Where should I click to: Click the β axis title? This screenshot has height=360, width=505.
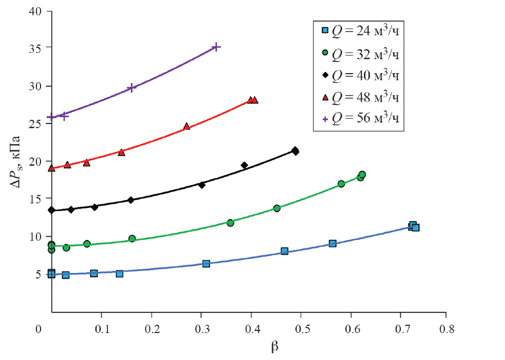[x=275, y=347]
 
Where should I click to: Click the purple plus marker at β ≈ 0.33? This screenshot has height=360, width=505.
[x=216, y=47]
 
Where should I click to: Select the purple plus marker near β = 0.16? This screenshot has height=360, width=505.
[x=131, y=88]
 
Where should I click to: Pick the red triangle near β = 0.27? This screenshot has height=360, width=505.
[x=186, y=127]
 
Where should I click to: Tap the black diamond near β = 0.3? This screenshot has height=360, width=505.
[x=202, y=185]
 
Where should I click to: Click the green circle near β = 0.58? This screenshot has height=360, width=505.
[x=341, y=184]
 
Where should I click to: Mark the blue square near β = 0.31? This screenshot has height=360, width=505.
[x=206, y=264]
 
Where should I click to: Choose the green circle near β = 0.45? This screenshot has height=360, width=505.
[x=277, y=208]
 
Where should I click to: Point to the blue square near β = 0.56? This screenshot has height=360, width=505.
[x=332, y=243]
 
